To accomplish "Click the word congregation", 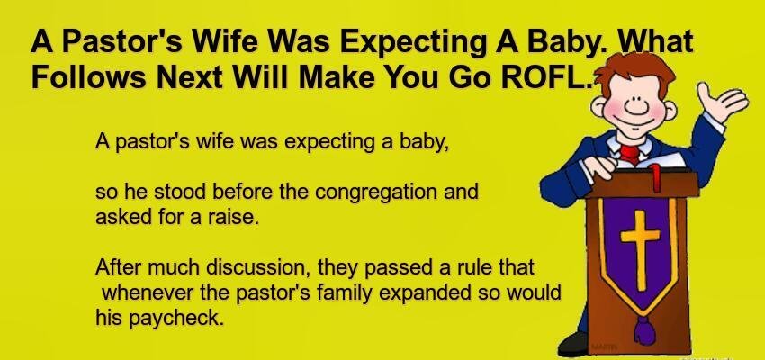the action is point(375,193).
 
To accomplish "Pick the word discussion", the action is point(260,268).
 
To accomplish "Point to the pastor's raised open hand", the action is point(720,101).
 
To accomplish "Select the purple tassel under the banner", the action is point(643,329).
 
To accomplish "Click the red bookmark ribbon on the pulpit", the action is point(656,178).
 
